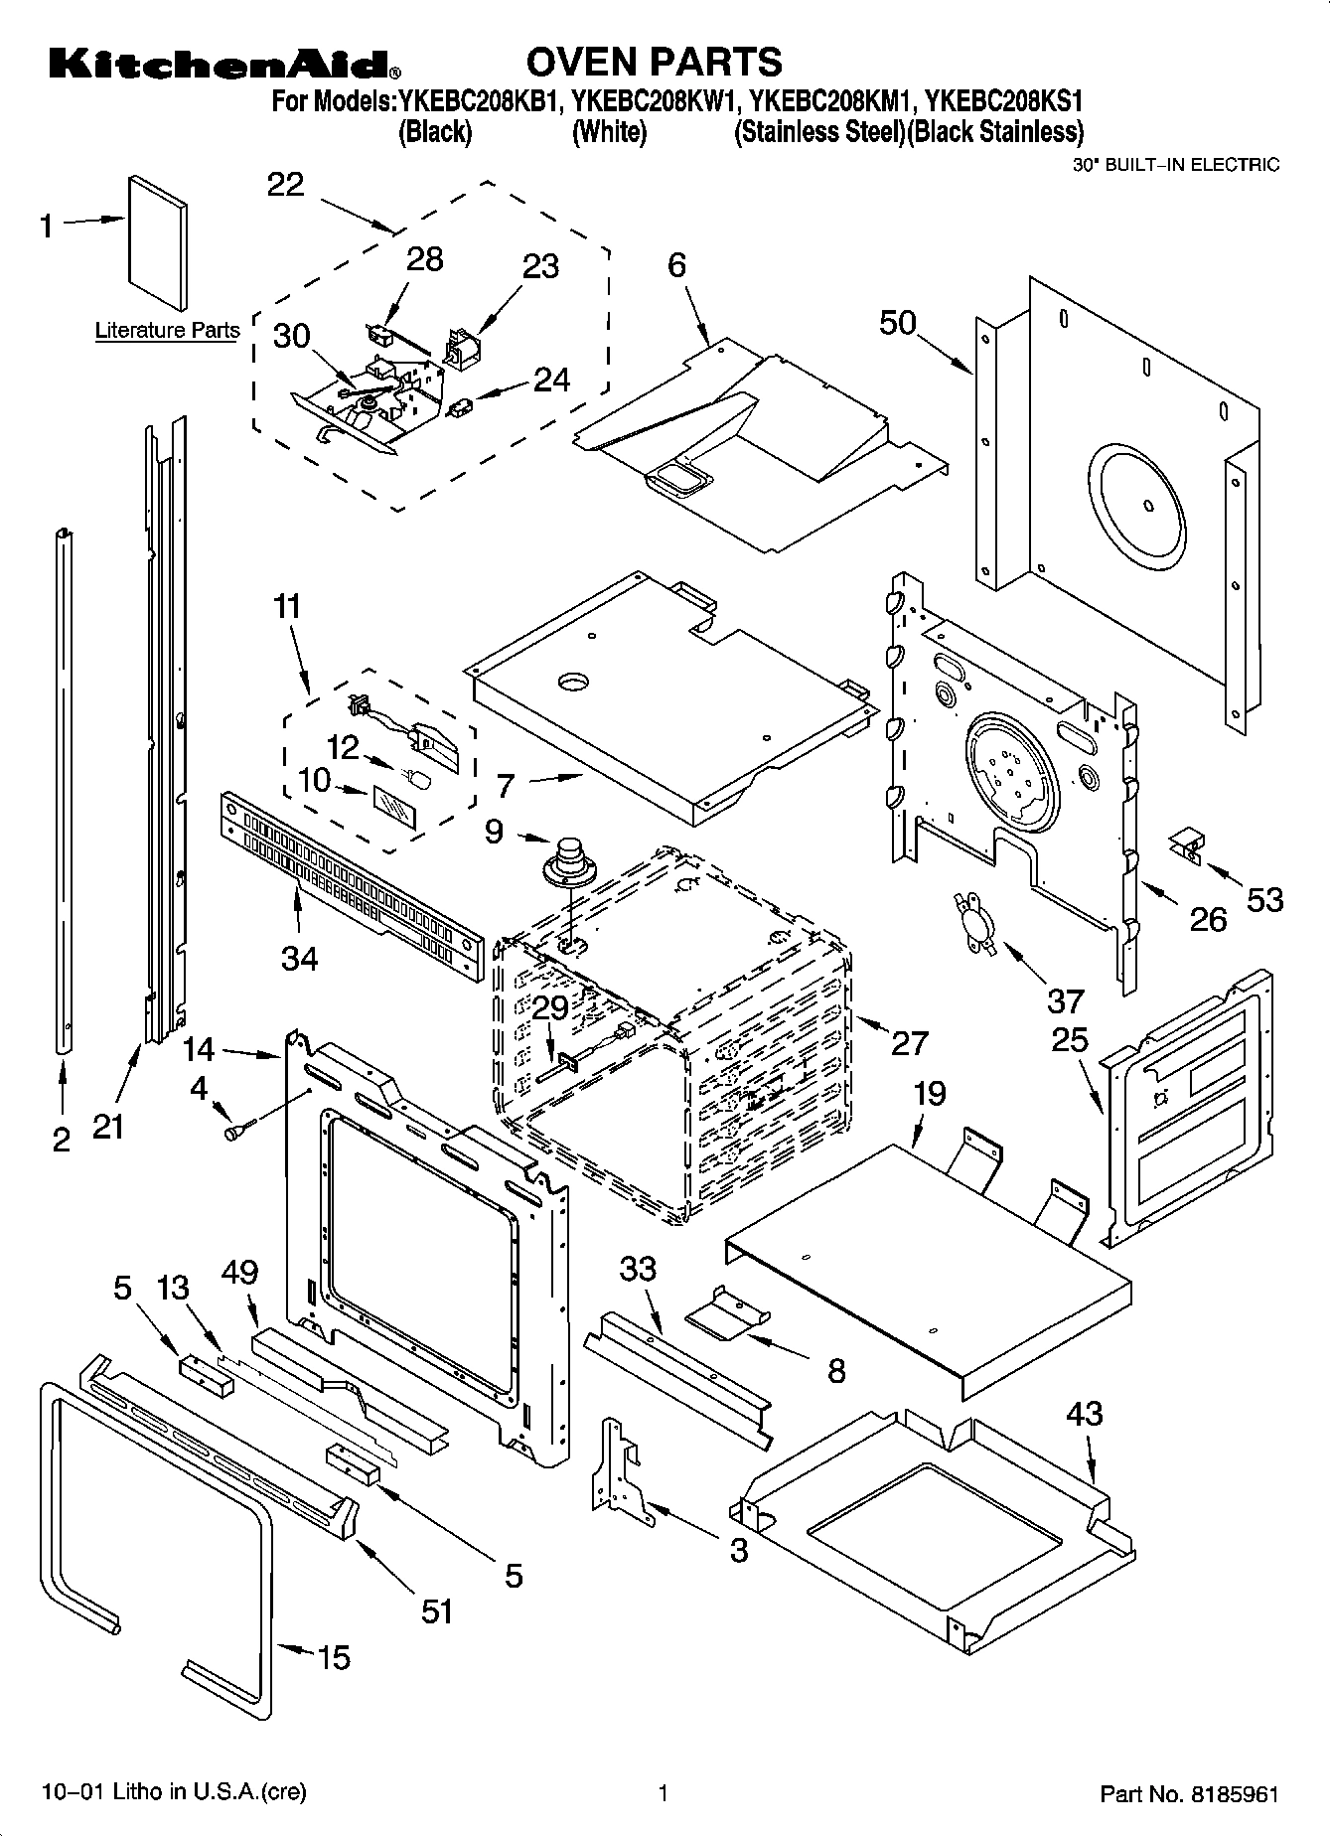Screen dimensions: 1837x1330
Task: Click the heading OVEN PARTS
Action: tap(653, 62)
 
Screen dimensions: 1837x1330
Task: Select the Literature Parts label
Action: tap(167, 331)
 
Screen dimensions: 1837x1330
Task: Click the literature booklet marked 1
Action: tap(157, 242)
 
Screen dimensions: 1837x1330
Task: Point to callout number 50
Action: tap(897, 323)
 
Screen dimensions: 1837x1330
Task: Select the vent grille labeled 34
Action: tap(348, 883)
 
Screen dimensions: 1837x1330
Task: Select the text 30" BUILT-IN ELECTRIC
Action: tap(1176, 165)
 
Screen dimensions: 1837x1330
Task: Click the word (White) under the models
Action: tap(609, 132)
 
